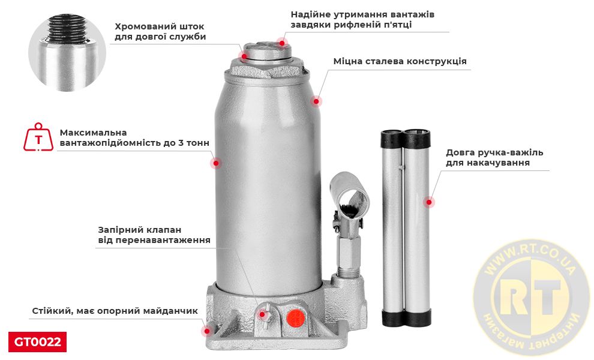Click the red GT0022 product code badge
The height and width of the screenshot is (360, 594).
click(x=37, y=342)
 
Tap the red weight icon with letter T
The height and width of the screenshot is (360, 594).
click(x=38, y=138)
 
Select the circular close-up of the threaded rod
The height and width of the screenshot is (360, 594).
click(x=67, y=53)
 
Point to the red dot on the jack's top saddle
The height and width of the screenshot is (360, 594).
click(x=281, y=42)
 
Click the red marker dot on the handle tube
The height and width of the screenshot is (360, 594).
click(x=428, y=202)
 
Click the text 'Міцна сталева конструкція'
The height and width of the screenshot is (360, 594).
click(x=400, y=61)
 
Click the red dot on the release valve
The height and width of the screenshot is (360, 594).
click(x=262, y=314)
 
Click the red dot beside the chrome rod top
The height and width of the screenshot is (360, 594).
click(x=244, y=56)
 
